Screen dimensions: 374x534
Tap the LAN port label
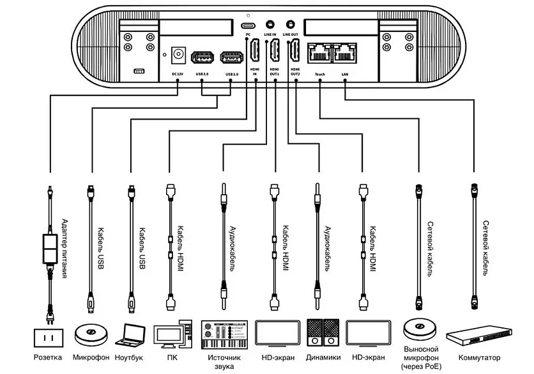(x=345, y=74)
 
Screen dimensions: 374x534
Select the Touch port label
(x=319, y=74)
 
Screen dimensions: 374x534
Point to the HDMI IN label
(x=254, y=72)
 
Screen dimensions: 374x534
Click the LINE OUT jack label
(x=291, y=34)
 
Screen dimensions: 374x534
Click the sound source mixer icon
(x=224, y=333)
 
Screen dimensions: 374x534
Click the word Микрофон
(x=91, y=357)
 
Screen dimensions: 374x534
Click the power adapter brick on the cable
(x=49, y=250)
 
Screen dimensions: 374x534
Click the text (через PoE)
(x=421, y=368)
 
